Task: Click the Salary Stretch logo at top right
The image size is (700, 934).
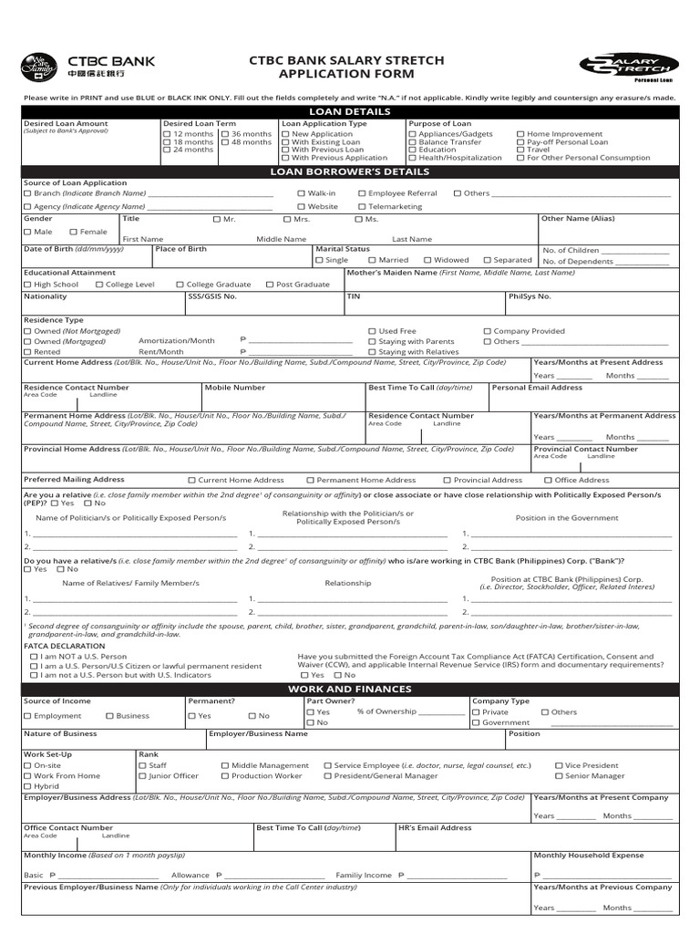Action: pyautogui.click(x=629, y=67)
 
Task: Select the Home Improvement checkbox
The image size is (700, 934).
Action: pyautogui.click(x=520, y=134)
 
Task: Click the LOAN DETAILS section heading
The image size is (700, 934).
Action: pyautogui.click(x=350, y=111)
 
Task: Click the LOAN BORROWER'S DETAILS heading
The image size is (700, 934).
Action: pyautogui.click(x=350, y=171)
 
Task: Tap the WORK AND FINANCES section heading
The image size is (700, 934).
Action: pyautogui.click(x=350, y=689)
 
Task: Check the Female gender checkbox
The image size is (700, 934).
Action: pyautogui.click(x=73, y=233)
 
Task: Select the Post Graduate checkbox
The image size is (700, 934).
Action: pyautogui.click(x=269, y=285)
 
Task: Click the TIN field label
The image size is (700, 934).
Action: pyautogui.click(x=354, y=296)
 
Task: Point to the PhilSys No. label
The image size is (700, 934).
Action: pyautogui.click(x=530, y=296)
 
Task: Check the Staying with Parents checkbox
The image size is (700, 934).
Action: pyautogui.click(x=372, y=341)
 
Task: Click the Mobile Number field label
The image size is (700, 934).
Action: pyautogui.click(x=234, y=388)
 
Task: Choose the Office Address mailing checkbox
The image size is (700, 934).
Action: pyautogui.click(x=549, y=480)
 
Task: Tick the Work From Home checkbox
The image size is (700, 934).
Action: pyautogui.click(x=27, y=776)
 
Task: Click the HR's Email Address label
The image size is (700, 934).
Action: pyautogui.click(x=435, y=828)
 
